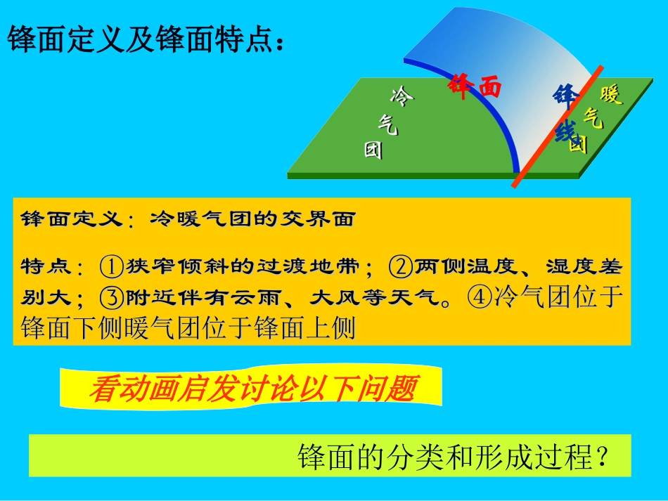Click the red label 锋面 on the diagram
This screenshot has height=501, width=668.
(x=475, y=86)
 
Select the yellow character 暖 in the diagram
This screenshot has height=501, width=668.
(x=611, y=96)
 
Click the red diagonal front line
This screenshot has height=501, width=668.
(x=555, y=126)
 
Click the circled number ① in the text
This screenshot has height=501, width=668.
(x=112, y=268)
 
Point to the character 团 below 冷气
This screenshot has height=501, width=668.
(x=373, y=150)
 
